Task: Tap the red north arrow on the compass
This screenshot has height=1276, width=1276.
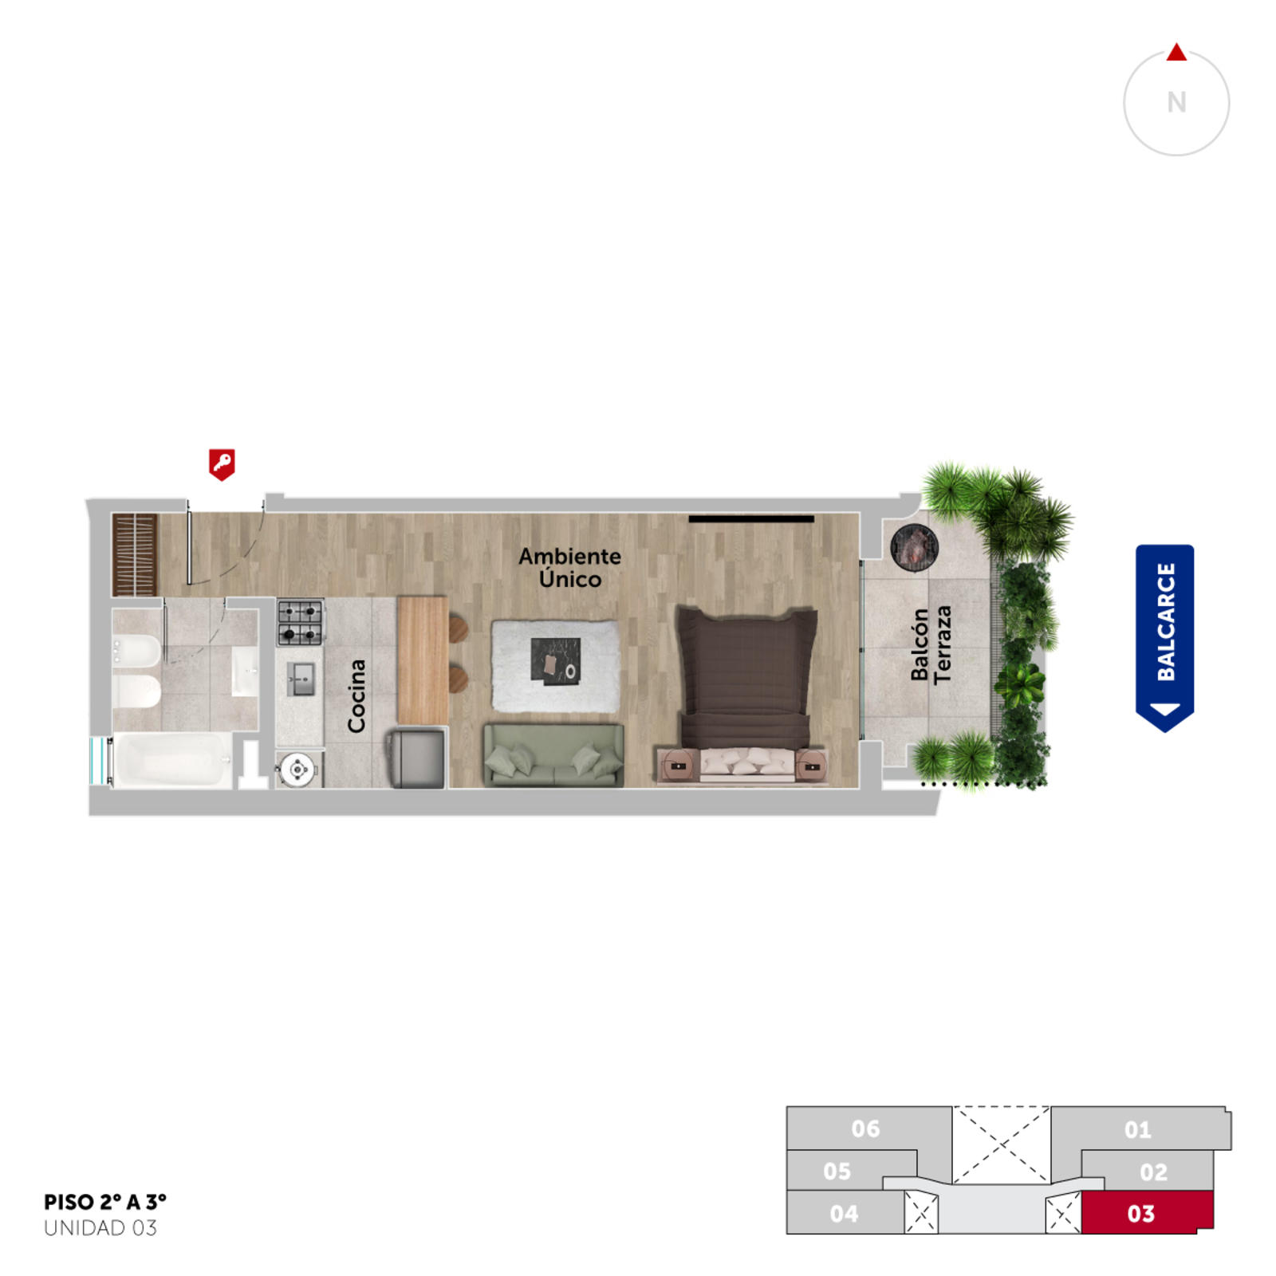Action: click(1176, 53)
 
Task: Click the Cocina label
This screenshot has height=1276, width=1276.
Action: click(356, 695)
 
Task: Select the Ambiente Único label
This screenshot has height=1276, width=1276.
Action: click(569, 567)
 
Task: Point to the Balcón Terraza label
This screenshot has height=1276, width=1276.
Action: click(931, 644)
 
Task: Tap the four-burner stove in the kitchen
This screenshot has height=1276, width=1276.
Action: click(301, 623)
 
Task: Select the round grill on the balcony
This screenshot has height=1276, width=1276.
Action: click(914, 547)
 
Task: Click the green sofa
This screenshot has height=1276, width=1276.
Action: click(553, 755)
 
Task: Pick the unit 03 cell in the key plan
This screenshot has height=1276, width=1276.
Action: click(1147, 1213)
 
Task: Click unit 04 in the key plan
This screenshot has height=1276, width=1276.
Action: click(844, 1213)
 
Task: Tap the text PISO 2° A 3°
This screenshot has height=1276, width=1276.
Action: click(105, 1202)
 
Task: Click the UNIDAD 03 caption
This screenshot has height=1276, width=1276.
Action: click(100, 1228)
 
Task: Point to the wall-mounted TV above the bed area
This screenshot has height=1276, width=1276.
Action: click(751, 519)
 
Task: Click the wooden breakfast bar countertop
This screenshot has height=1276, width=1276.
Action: click(423, 660)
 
